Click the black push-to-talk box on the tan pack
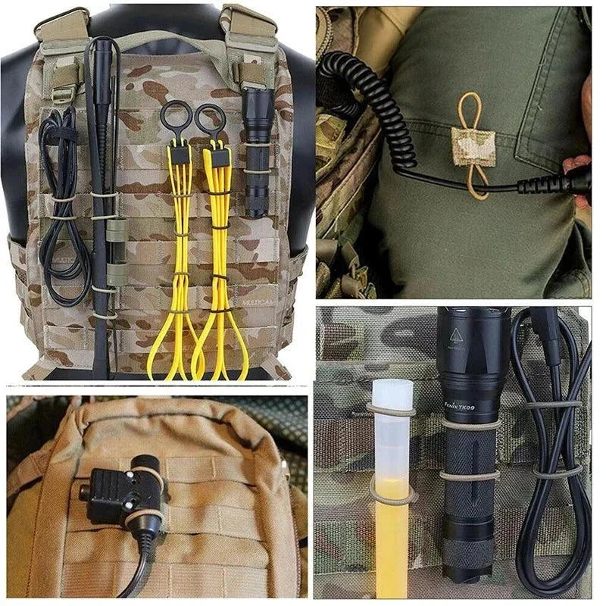[x=126, y=493]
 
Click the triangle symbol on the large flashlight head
[x=456, y=334]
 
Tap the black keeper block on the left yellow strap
[x=179, y=155]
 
